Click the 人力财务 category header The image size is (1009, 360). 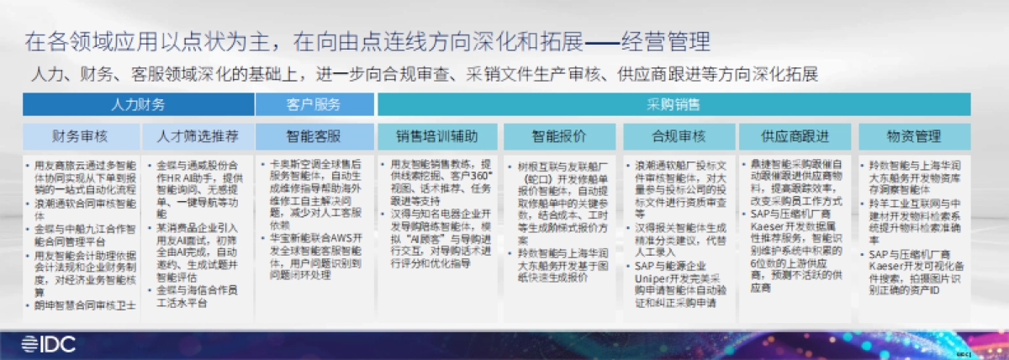click(139, 104)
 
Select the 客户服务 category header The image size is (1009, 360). click(315, 104)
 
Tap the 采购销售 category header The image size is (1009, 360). click(674, 104)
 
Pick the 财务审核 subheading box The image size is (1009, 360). click(81, 135)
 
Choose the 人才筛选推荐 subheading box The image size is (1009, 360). click(197, 135)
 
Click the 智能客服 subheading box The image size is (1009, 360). click(315, 135)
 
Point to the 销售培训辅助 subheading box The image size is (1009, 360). click(437, 135)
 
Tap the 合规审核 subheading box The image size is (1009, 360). click(677, 135)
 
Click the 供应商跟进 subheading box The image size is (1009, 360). click(795, 135)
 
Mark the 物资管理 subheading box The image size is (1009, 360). click(913, 135)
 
